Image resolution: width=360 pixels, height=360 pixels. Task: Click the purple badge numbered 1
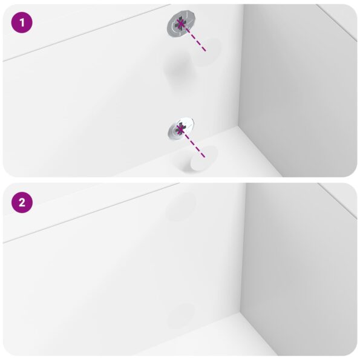pos(22,24)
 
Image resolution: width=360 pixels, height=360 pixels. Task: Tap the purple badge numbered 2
pos(22,203)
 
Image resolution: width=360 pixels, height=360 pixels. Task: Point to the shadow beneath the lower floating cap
pos(185,162)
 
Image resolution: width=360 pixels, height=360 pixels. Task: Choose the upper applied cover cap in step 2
pos(180,206)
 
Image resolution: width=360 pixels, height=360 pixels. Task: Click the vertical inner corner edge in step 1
pos(243,67)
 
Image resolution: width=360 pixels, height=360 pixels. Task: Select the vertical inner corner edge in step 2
pos(244,248)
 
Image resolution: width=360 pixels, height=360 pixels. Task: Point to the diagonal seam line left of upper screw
pos(85,33)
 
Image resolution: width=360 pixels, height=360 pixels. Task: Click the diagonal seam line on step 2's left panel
pos(85,214)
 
